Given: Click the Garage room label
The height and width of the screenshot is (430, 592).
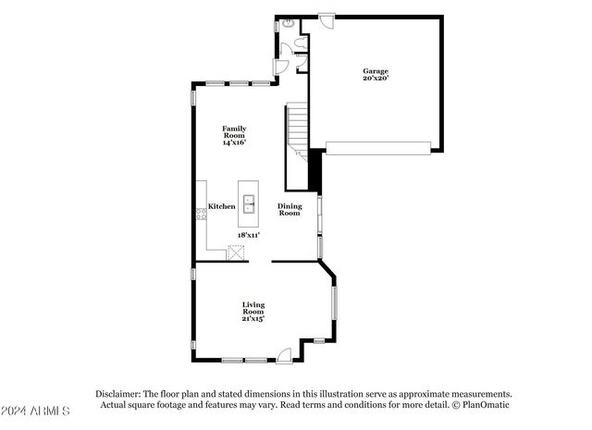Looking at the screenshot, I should coord(375,71).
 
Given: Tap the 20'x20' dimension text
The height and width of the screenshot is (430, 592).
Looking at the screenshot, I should coord(375,79).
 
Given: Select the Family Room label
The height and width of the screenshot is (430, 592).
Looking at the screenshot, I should coord(233,131).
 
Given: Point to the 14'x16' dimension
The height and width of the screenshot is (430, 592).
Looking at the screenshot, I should coord(233,142).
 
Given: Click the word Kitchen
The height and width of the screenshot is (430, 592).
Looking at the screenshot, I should coord(221,206).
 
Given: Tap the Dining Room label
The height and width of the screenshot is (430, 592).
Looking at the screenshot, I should coord(290,210).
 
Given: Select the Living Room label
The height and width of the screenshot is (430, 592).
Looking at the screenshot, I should coord(253,308).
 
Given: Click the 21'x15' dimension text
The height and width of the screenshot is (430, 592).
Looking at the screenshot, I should coord(253,319).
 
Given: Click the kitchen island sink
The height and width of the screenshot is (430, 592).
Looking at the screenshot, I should coord(249,203).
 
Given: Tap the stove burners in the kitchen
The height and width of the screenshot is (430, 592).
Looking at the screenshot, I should coord(200,215).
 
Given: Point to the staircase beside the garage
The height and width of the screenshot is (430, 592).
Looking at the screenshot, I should coord(296,129).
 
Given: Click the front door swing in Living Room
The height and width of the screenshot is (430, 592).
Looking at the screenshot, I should coord(285,352).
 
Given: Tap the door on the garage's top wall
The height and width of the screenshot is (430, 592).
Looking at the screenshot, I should coord(327,18).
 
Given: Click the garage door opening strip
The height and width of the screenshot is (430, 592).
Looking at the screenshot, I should coord(378,146).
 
